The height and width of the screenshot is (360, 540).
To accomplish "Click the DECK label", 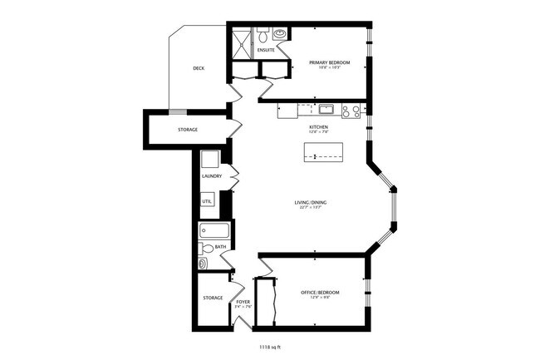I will tap(199, 68).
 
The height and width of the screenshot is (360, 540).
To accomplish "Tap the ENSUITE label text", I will tap(266, 51).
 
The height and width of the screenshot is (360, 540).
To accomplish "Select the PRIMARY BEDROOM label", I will tap(328, 63).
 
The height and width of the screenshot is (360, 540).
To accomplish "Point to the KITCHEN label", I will tap(319, 126).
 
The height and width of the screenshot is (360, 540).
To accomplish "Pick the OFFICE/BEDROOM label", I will tap(320, 293).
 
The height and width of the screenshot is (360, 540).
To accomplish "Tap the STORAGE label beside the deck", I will tap(188, 131).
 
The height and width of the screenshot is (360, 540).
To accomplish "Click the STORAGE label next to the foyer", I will tap(213, 298).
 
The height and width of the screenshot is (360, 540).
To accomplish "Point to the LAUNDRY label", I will tap(212, 176).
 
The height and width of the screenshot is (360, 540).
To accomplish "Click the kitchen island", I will tap(324, 153).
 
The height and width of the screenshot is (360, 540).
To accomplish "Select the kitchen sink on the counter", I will tap(325, 108).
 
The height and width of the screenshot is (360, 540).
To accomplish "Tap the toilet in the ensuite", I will tap(263, 36).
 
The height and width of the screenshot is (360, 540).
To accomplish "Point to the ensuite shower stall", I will tap(241, 38).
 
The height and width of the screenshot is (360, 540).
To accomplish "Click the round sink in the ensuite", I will tap(278, 35).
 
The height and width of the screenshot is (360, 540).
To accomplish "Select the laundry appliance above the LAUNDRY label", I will tap(209, 159).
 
